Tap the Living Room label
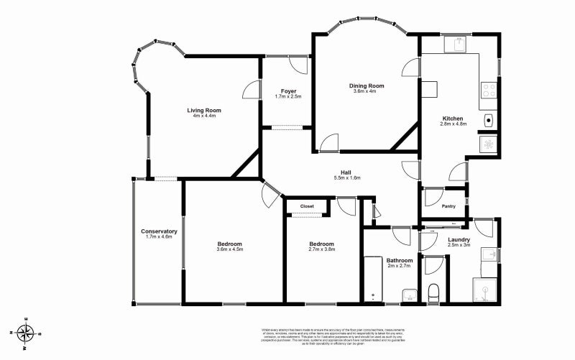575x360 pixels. pyautogui.click(x=203, y=110)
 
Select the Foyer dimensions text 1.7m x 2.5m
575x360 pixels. pyautogui.click(x=287, y=96)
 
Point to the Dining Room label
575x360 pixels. pyautogui.click(x=367, y=86)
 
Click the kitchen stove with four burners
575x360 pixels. pyautogui.click(x=488, y=91)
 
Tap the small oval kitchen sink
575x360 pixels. pyautogui.click(x=488, y=119)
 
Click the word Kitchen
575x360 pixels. pyautogui.click(x=453, y=118)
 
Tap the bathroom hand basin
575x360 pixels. pyautogui.click(x=408, y=294)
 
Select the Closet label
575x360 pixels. pyautogui.click(x=307, y=206)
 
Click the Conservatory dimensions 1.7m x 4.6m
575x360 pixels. pyautogui.click(x=159, y=237)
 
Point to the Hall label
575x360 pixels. pyautogui.click(x=346, y=172)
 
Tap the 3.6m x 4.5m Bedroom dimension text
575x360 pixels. pyautogui.click(x=230, y=250)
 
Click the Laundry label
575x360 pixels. pyautogui.click(x=459, y=239)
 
